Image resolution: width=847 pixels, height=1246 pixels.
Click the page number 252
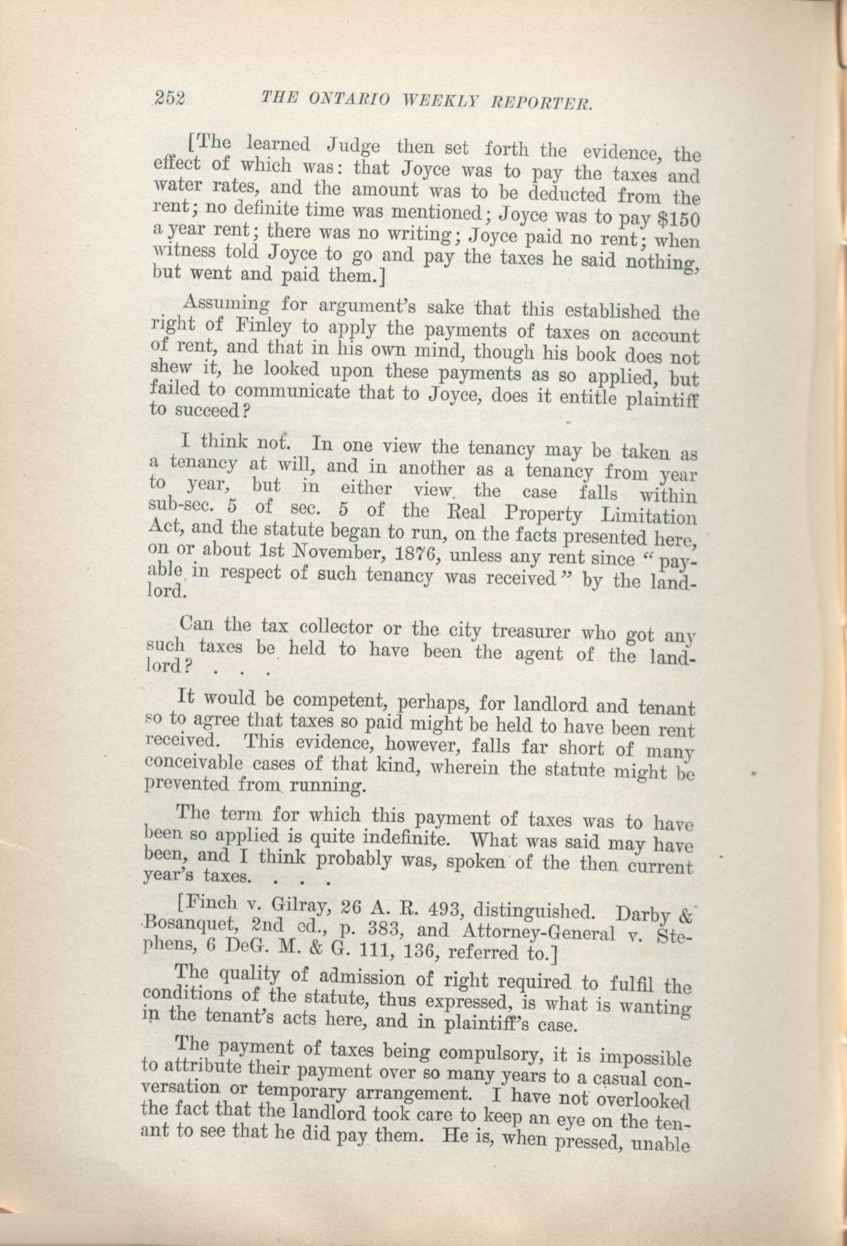coord(169,98)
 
